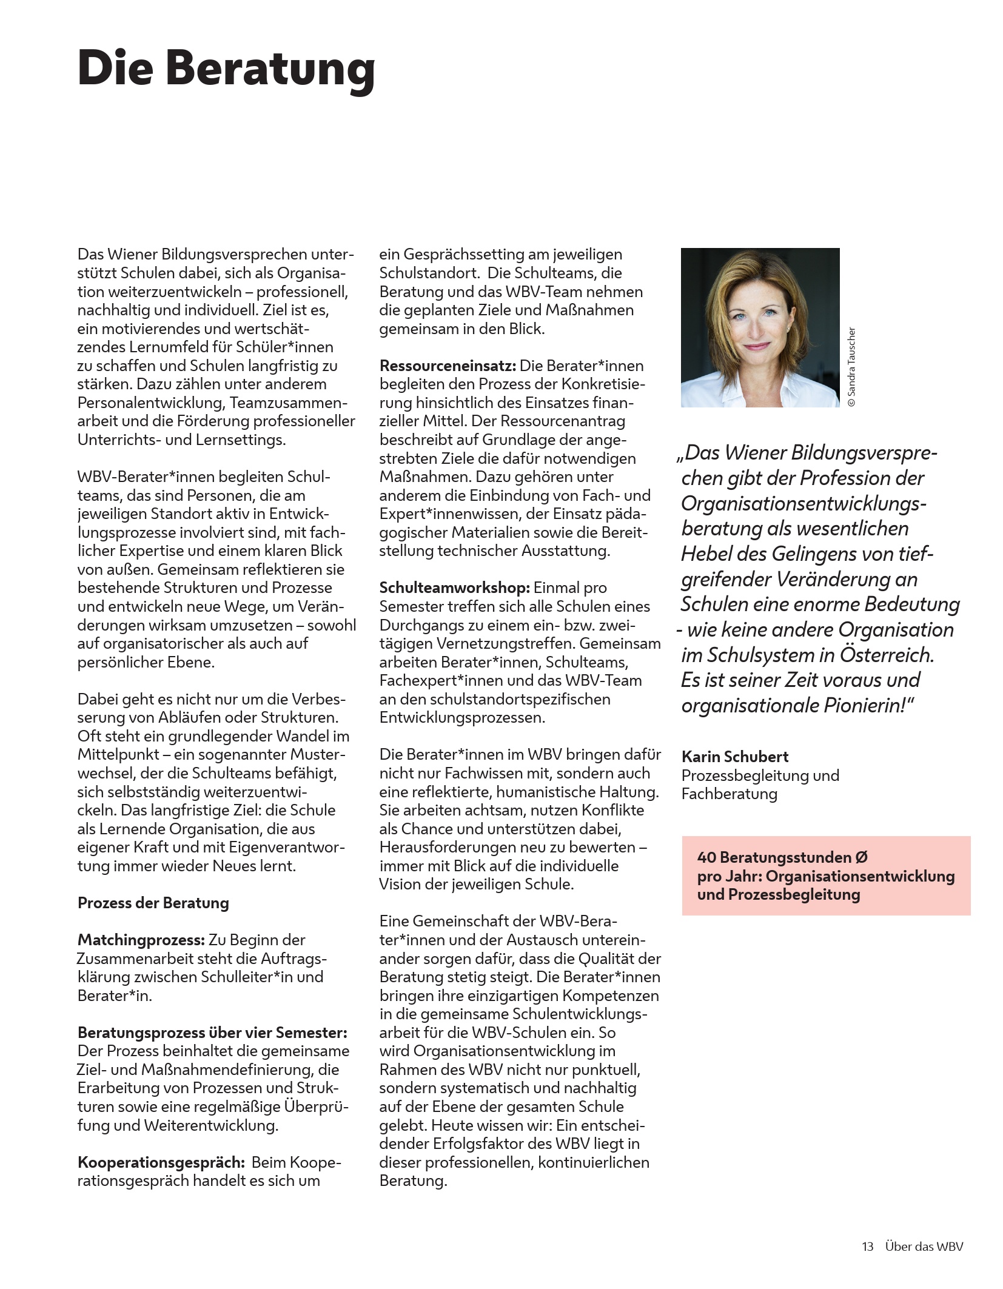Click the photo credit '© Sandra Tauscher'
(851, 367)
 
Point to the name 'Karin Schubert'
(735, 757)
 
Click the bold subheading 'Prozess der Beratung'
(153, 903)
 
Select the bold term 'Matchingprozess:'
(141, 940)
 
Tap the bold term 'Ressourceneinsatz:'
(448, 366)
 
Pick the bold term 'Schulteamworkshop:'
(454, 588)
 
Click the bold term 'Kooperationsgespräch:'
(161, 1162)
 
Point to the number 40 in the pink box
(706, 857)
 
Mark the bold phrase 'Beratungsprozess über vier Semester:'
(212, 1033)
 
